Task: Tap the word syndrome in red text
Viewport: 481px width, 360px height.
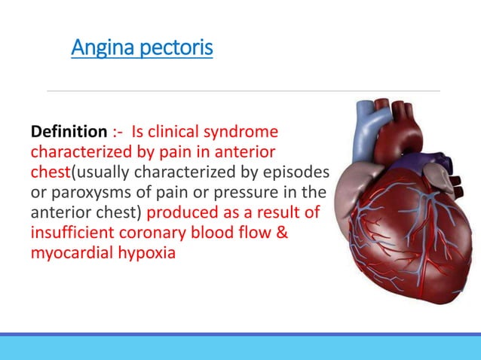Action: (x=241, y=133)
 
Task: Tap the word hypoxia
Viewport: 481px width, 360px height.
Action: (x=145, y=253)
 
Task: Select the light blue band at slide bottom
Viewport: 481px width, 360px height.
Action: (x=240, y=348)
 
